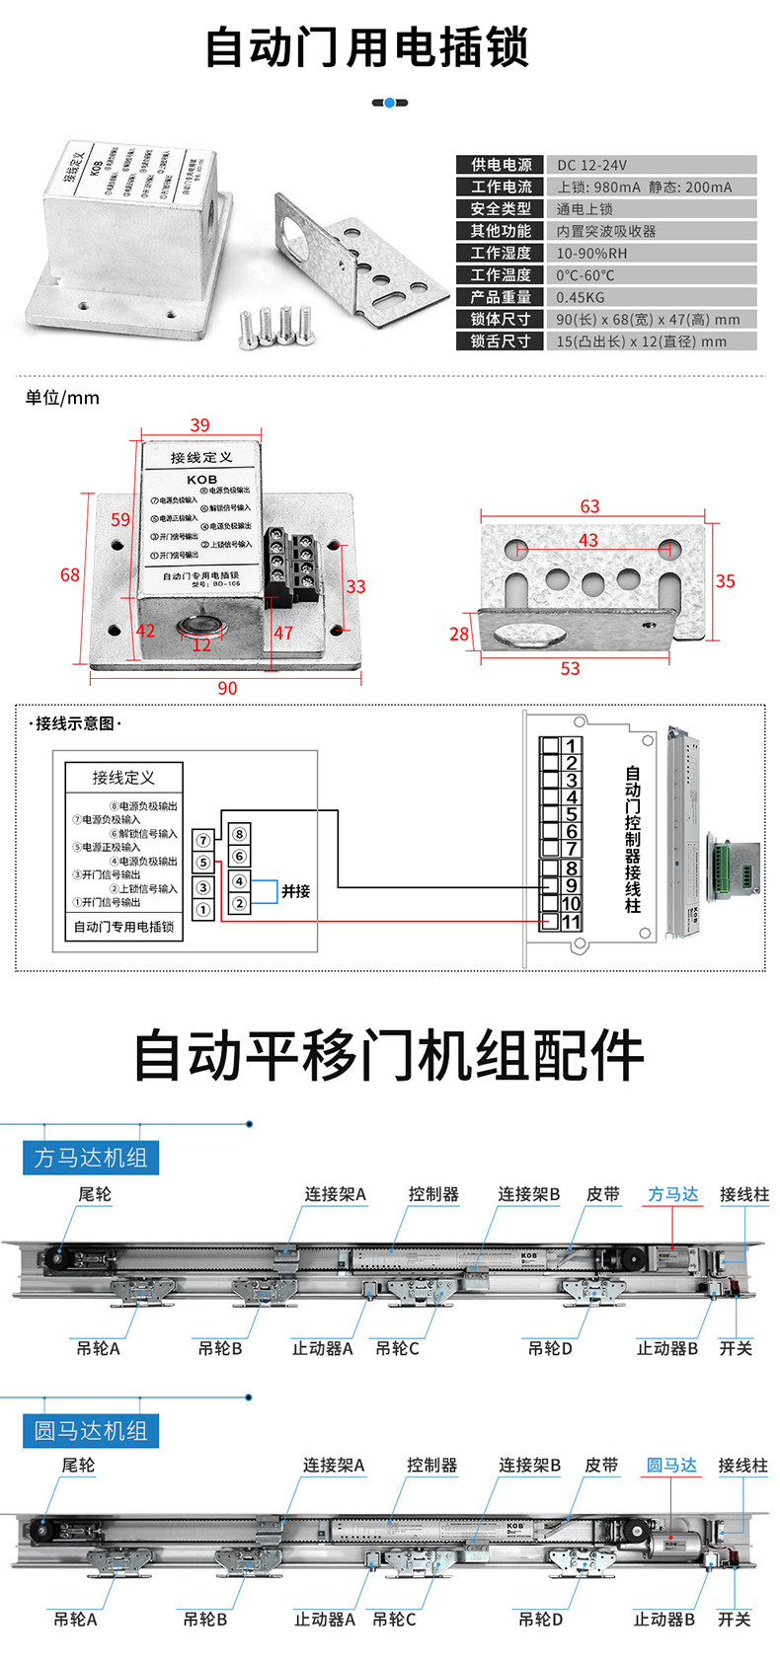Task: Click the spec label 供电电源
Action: click(x=501, y=165)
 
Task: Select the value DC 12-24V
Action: click(x=591, y=165)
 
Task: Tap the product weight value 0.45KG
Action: click(x=581, y=297)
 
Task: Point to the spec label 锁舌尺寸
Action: click(x=501, y=341)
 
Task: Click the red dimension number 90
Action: click(x=227, y=688)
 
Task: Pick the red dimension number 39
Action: click(x=200, y=425)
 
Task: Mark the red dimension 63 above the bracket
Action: click(x=589, y=506)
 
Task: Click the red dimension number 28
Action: click(x=459, y=634)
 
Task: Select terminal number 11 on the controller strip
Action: click(x=571, y=922)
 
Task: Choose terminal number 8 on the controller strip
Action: click(x=571, y=869)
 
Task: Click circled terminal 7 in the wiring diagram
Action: click(x=203, y=841)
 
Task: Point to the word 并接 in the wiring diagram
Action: click(x=295, y=891)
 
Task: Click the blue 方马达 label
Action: click(x=672, y=1194)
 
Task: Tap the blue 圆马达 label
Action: click(x=671, y=1466)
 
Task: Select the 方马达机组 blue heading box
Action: click(x=91, y=1157)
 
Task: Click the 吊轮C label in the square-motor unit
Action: click(x=397, y=1348)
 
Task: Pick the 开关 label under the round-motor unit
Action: click(x=734, y=1620)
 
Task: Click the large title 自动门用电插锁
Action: click(x=367, y=47)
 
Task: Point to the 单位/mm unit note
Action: click(x=62, y=398)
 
